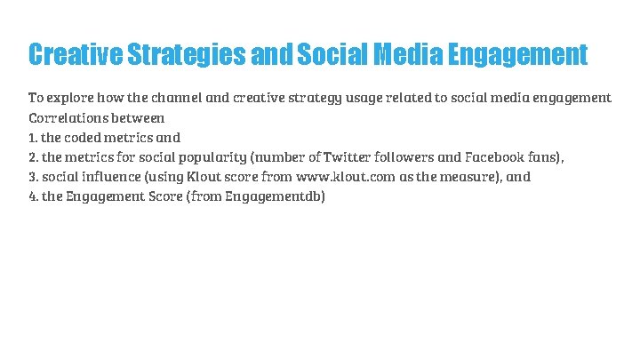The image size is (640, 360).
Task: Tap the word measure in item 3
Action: click(476, 176)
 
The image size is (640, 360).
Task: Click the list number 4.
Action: click(33, 196)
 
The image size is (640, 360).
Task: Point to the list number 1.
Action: click(32, 137)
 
